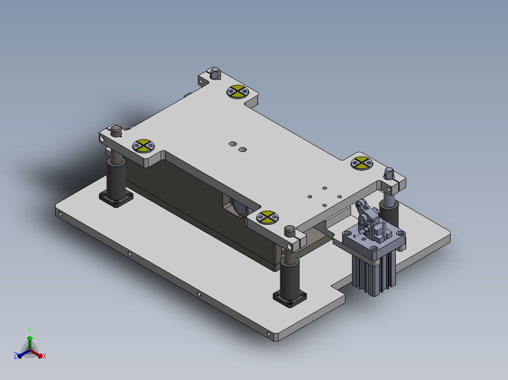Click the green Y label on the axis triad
pyautogui.click(x=30, y=331)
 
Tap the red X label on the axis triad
pyautogui.click(x=44, y=356)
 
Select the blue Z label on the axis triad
pyautogui.click(x=15, y=356)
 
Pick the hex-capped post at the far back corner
pyautogui.click(x=215, y=73)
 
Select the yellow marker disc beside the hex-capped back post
pyautogui.click(x=238, y=92)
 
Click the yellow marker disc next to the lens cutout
pyautogui.click(x=267, y=217)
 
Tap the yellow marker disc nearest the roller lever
pyautogui.click(x=361, y=163)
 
